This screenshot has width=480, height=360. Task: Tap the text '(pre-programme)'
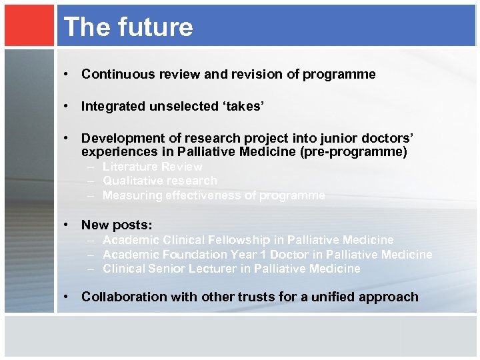pyautogui.click(x=360, y=152)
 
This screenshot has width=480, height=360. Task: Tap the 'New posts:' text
pyautogui.click(x=117, y=225)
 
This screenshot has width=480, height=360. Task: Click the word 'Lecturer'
pyautogui.click(x=217, y=269)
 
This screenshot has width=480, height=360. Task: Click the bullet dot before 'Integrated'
pyautogui.click(x=68, y=106)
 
